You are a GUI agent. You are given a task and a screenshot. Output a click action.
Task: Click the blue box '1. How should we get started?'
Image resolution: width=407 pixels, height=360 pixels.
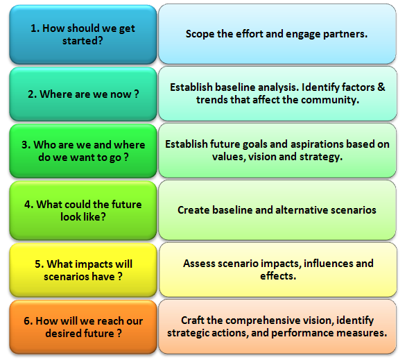tap(83, 35)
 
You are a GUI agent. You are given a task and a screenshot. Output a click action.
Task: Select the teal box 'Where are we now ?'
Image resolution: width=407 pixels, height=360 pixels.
tap(83, 94)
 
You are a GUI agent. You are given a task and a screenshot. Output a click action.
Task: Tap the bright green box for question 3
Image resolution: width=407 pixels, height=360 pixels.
tap(83, 151)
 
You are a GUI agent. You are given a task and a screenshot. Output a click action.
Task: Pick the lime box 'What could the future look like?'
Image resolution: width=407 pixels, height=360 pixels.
tap(83, 210)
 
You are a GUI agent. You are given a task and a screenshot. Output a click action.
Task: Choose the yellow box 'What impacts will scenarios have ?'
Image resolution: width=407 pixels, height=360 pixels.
tap(83, 270)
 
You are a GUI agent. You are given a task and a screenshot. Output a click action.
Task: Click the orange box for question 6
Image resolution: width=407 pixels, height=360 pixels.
tap(83, 327)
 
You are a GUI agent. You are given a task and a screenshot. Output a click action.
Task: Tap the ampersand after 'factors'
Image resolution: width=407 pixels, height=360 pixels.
tap(381, 87)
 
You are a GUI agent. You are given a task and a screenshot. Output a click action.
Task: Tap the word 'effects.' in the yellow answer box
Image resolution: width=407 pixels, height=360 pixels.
tap(278, 276)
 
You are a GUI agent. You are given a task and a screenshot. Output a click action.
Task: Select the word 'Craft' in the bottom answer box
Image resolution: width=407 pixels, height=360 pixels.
tap(192, 320)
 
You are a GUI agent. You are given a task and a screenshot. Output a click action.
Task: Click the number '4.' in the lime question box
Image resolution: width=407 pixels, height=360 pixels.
tap(29, 205)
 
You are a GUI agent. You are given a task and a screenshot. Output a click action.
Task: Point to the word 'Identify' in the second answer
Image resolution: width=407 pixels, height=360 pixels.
tap(320, 87)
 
